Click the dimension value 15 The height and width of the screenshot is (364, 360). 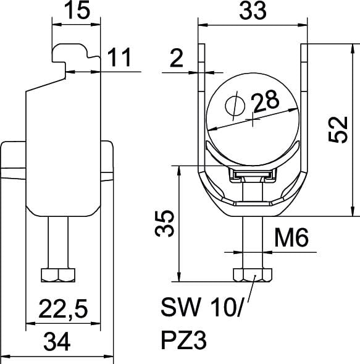(x=77, y=11)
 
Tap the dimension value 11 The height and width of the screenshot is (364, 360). (x=119, y=57)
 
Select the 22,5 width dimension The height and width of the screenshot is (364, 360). (x=63, y=309)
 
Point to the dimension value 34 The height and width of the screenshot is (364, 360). (x=57, y=342)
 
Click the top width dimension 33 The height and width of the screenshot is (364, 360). (x=253, y=11)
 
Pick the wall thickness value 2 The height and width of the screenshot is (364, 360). (x=177, y=58)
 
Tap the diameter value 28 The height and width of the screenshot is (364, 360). (x=265, y=101)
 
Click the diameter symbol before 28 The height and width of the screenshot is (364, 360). (x=235, y=106)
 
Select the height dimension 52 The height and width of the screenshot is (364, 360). (x=338, y=129)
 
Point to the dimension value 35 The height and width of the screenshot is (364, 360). (x=164, y=223)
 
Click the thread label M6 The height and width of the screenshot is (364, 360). (x=291, y=237)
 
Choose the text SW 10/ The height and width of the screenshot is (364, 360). (x=201, y=307)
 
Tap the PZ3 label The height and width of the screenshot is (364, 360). (x=183, y=341)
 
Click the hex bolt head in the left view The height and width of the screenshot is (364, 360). (x=58, y=275)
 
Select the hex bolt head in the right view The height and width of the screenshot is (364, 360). (x=253, y=275)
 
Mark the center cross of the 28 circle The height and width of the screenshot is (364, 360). (x=253, y=119)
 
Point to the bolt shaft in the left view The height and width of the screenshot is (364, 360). (x=58, y=242)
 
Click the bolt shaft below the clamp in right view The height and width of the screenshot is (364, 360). (x=253, y=242)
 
